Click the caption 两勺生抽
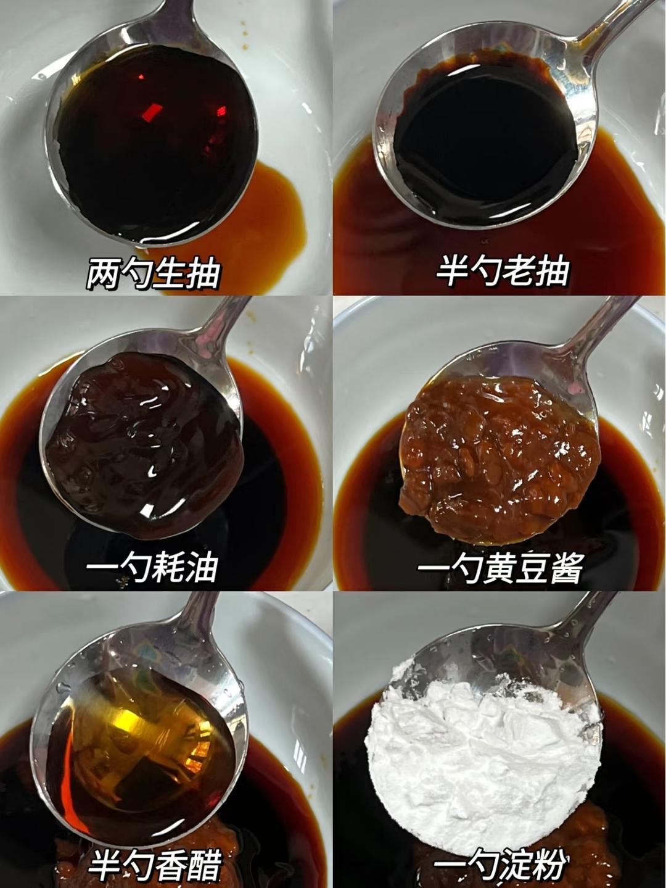click(152, 275)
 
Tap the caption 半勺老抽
click(503, 271)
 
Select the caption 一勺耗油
click(152, 568)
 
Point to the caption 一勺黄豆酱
click(500, 568)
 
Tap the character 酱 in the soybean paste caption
click(567, 568)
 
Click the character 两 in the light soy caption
click(102, 275)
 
